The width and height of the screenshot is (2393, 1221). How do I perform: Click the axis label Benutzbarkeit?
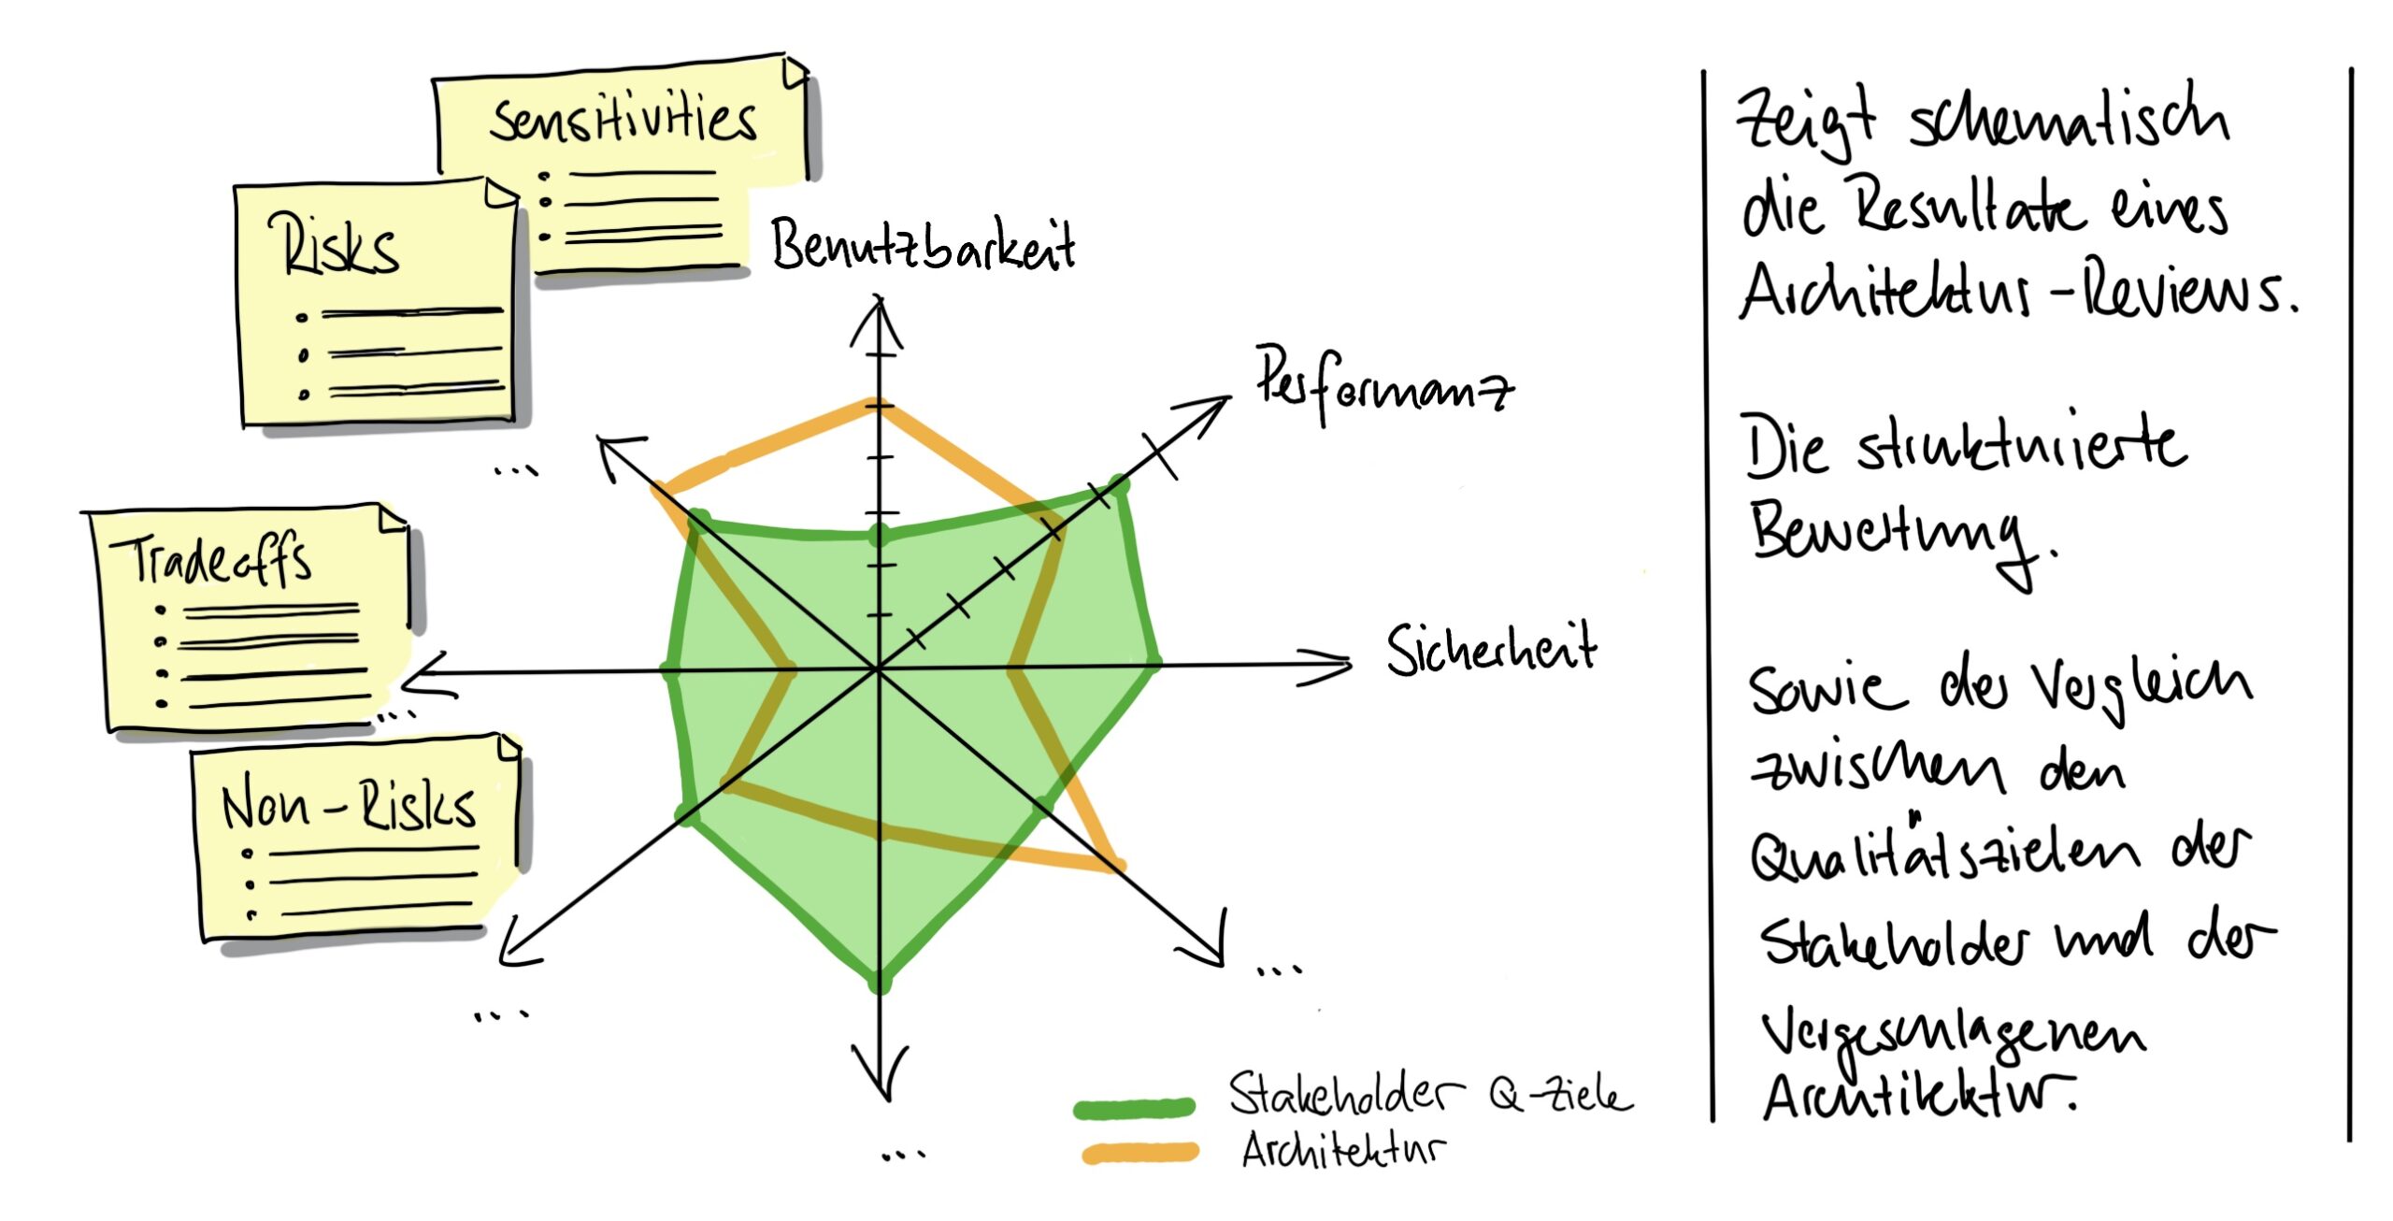[922, 245]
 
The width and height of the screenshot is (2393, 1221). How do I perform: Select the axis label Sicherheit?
[1491, 649]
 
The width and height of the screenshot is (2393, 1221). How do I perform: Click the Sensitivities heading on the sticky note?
[623, 122]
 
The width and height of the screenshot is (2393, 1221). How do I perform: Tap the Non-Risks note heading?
[348, 803]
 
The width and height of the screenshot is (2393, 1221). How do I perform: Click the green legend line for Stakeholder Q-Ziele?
[1134, 1108]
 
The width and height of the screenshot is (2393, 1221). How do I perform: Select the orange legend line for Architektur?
[1139, 1152]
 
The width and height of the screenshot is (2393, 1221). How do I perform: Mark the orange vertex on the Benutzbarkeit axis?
[877, 405]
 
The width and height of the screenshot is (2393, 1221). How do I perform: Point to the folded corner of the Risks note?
[502, 194]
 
